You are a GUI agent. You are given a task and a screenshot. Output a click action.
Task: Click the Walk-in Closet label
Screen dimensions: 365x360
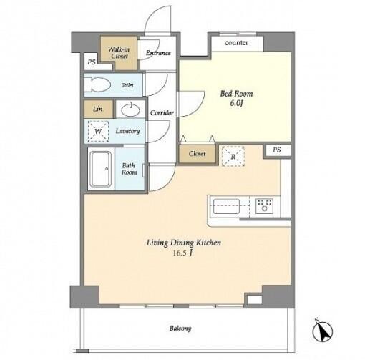click(x=119, y=52)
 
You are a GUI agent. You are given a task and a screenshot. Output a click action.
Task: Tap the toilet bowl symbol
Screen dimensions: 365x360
click(x=97, y=84)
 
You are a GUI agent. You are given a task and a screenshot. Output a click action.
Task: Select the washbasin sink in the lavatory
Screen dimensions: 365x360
click(x=130, y=110)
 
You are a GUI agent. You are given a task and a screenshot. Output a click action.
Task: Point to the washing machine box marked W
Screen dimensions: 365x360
click(x=98, y=131)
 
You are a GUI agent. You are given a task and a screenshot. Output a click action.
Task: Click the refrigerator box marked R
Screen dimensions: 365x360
click(x=233, y=156)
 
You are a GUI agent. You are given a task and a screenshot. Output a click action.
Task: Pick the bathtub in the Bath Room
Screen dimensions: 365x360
click(x=101, y=170)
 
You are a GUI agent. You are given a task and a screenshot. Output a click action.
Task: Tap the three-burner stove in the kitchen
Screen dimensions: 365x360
click(x=265, y=205)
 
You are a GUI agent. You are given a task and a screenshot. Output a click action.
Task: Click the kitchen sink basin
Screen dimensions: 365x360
click(x=226, y=206)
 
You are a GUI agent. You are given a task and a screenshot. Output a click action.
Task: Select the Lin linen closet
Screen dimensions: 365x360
click(x=98, y=109)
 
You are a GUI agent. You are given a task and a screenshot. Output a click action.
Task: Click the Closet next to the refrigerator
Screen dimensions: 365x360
click(x=198, y=154)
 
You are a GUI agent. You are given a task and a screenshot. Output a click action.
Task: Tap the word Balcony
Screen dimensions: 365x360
click(x=180, y=329)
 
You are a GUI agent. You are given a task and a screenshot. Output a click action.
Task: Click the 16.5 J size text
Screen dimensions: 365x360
click(x=182, y=253)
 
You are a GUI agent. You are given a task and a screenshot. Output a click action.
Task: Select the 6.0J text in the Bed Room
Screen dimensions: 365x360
click(x=236, y=103)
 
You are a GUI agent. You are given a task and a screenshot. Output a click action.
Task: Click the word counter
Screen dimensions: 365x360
click(x=236, y=43)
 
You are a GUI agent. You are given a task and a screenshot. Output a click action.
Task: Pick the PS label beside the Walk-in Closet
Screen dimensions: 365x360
click(x=92, y=62)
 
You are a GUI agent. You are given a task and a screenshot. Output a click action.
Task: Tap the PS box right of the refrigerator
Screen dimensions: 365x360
click(x=277, y=150)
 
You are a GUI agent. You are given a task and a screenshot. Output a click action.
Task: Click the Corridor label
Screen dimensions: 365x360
click(x=162, y=112)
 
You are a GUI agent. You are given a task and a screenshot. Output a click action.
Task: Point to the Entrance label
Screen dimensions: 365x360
click(x=158, y=53)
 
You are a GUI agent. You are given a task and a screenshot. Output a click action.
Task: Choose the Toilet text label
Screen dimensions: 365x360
click(x=127, y=85)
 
